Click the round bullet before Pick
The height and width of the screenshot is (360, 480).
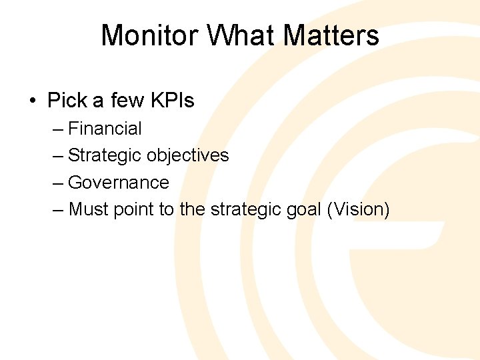(x=33, y=101)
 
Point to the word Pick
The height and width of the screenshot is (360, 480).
(x=67, y=101)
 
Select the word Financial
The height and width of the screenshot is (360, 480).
(x=105, y=128)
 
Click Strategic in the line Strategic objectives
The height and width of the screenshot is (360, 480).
(x=105, y=155)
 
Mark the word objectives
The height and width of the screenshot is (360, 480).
(x=187, y=155)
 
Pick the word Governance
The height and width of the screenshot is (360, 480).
(x=119, y=182)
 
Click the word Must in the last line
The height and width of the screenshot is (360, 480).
(x=89, y=209)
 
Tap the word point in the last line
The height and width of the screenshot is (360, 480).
(x=133, y=209)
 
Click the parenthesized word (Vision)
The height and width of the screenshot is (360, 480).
(x=358, y=209)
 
